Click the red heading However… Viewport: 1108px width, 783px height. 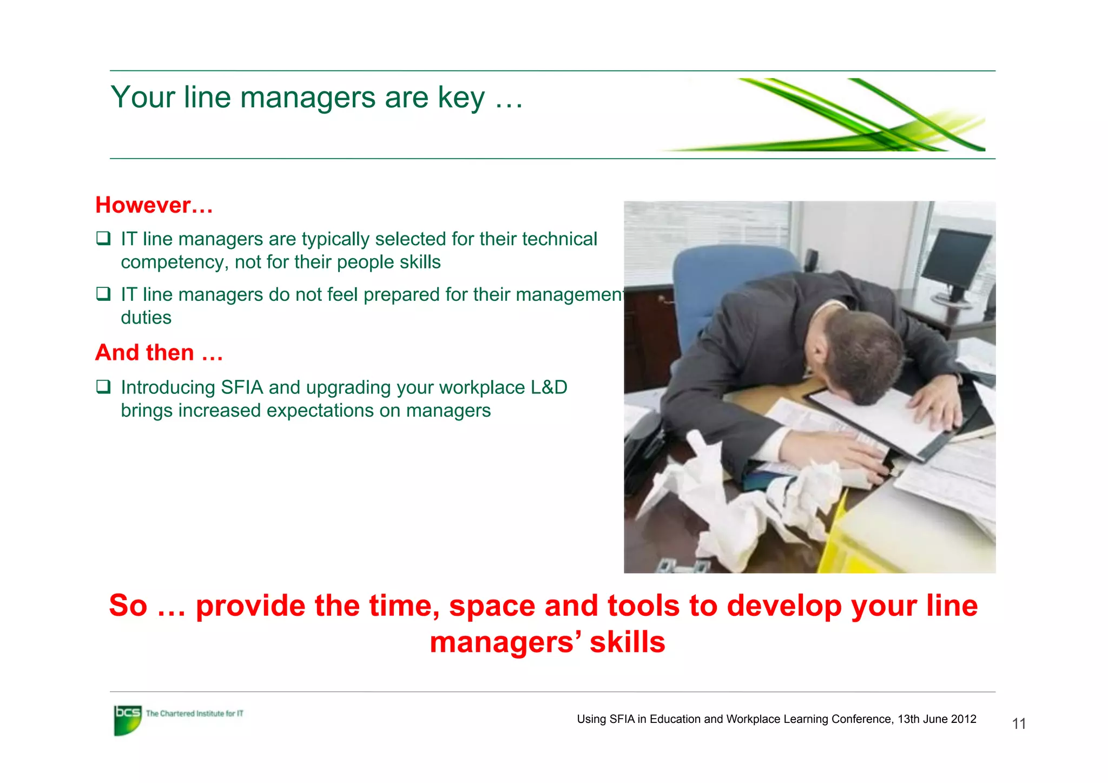coord(154,206)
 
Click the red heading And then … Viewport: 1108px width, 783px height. coord(159,353)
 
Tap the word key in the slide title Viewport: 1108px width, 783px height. coord(461,98)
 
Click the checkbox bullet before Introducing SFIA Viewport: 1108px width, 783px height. coord(103,386)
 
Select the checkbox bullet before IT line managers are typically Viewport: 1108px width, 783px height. coord(103,238)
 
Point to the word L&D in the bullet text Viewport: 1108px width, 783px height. coord(549,388)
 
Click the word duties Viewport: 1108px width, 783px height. coord(146,318)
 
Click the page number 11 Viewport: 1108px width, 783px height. coord(1019,724)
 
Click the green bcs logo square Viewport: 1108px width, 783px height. coord(127,720)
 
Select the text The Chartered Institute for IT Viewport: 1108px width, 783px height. coord(195,714)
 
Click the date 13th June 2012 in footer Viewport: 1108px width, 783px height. coord(936,719)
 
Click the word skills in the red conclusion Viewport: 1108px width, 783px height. coord(627,643)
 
